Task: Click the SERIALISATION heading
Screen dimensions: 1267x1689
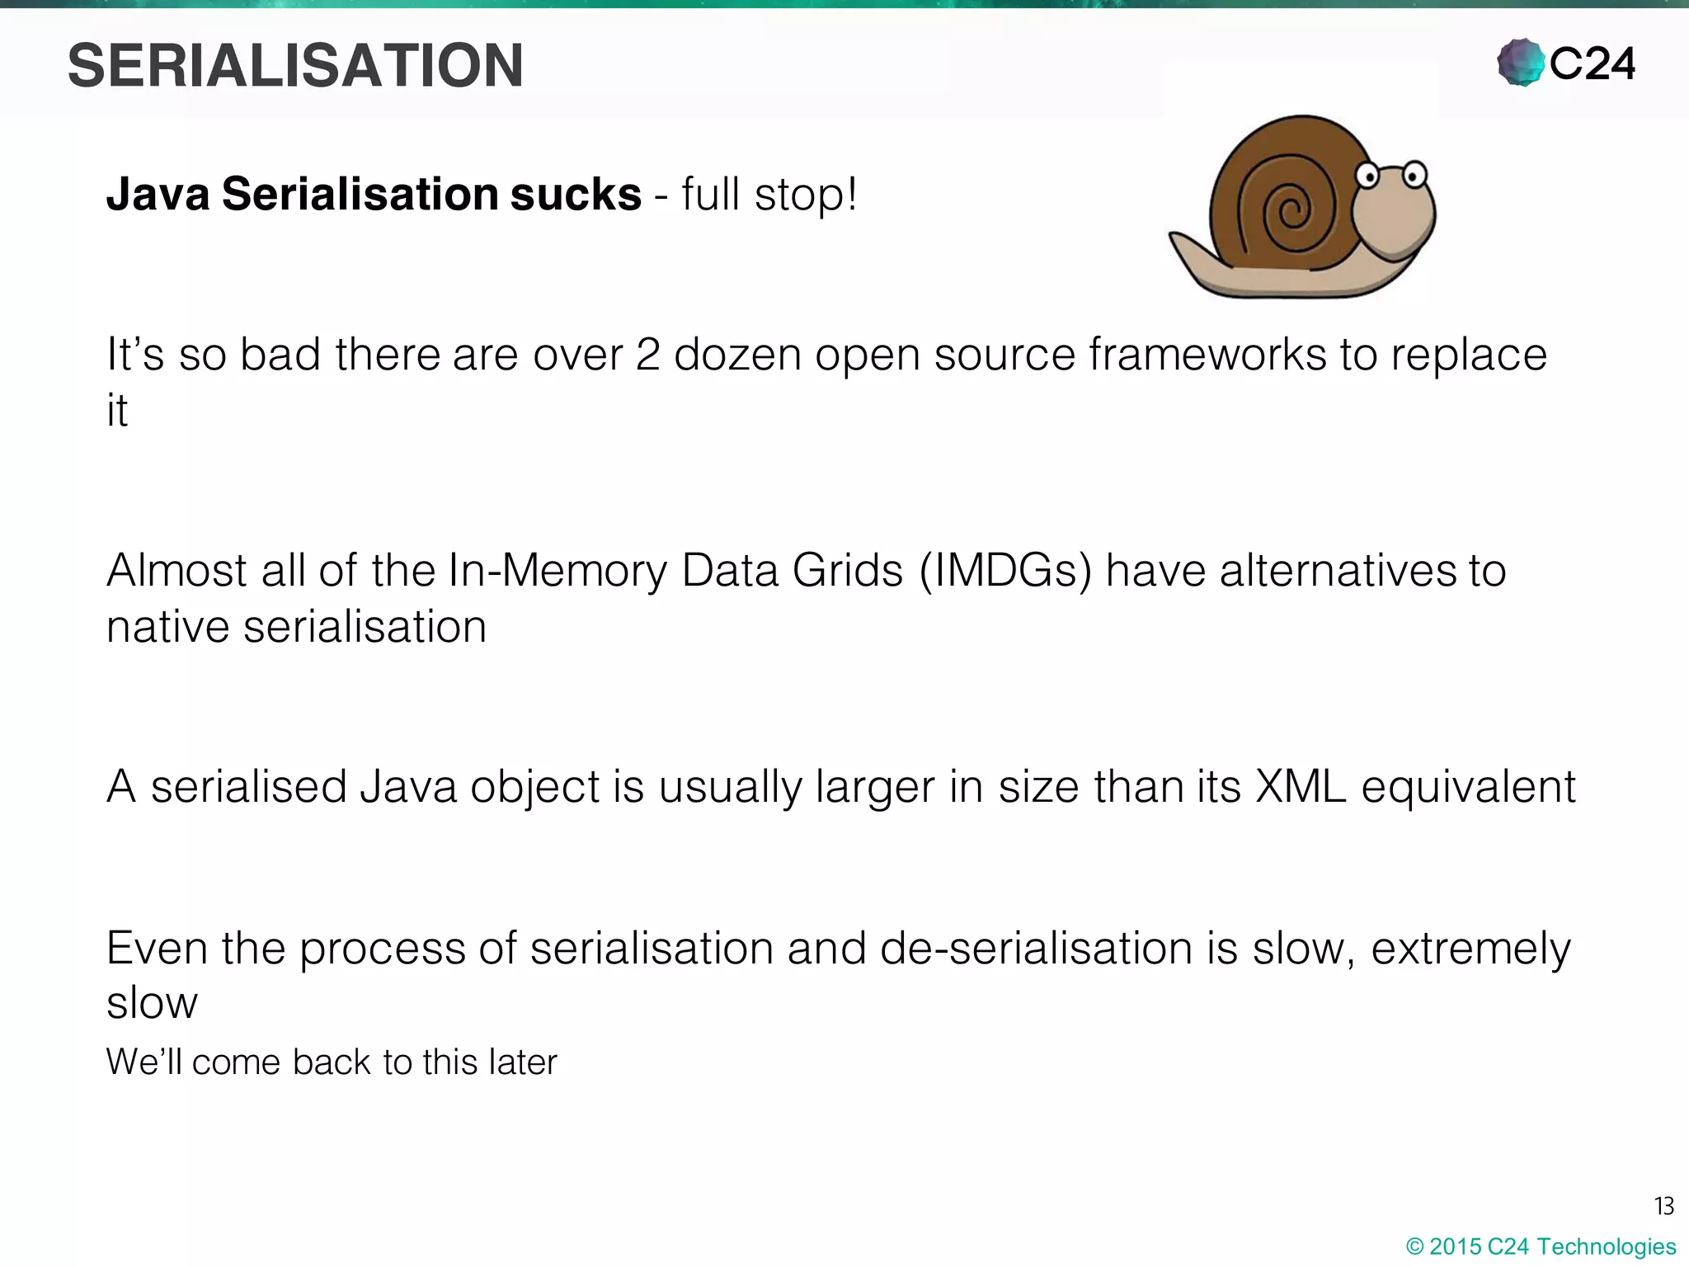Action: coord(295,66)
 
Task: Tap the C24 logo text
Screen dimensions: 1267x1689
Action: coord(1592,64)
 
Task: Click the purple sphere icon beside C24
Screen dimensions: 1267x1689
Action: coord(1520,63)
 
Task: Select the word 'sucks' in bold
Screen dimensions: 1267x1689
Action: coord(576,195)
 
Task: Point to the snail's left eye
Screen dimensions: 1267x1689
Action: coord(1367,175)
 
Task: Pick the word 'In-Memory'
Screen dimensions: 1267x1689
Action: coord(558,571)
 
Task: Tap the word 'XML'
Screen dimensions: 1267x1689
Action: coord(1301,786)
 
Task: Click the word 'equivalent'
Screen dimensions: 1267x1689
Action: coord(1468,786)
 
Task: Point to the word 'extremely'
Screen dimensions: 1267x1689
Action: coord(1470,949)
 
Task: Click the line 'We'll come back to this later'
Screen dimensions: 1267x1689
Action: coord(332,1062)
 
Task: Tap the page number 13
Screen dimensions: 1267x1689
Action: coord(1663,1207)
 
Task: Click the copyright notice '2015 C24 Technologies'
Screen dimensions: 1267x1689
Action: coord(1541,1246)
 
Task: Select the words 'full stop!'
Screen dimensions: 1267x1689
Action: coord(769,195)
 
